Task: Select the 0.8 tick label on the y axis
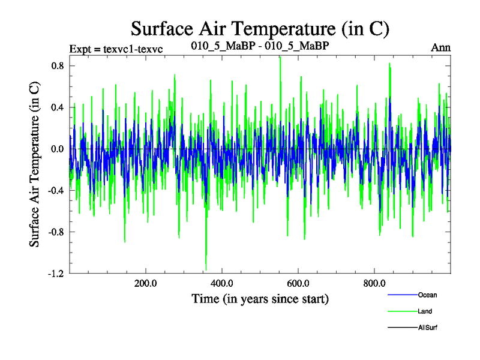click(x=57, y=65)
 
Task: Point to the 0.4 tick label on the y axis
click(x=57, y=107)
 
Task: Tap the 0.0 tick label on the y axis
click(x=57, y=149)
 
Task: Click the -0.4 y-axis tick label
click(x=56, y=190)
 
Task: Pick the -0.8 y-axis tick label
click(x=56, y=232)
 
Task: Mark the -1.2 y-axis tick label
click(x=56, y=274)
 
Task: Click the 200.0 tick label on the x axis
click(x=146, y=283)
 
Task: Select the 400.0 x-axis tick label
click(x=222, y=283)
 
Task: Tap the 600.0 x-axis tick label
click(x=298, y=283)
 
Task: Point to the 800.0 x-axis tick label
click(x=374, y=283)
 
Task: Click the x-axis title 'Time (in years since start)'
click(x=260, y=298)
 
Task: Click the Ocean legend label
click(x=428, y=295)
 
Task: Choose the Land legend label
click(x=425, y=311)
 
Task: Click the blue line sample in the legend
click(x=402, y=295)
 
